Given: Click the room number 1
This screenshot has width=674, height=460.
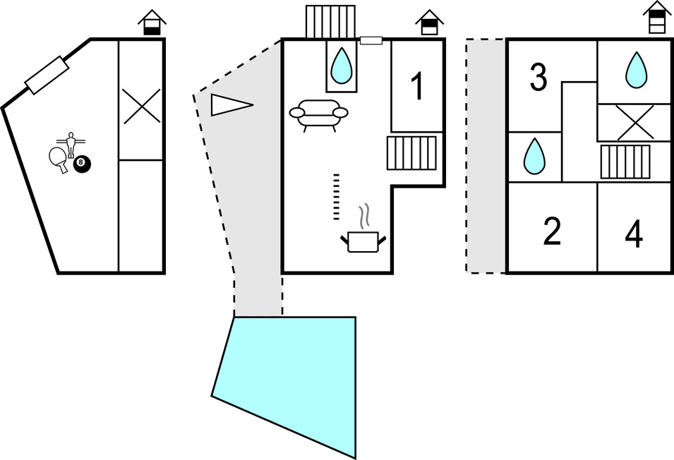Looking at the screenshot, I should (417, 87).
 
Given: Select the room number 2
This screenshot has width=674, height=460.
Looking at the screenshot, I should (552, 231).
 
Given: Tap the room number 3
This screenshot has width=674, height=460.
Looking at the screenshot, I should (538, 78).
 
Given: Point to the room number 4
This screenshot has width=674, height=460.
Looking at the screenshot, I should (634, 235).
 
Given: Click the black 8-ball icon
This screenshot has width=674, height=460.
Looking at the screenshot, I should (83, 164).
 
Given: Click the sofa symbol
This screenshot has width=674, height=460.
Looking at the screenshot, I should (319, 114).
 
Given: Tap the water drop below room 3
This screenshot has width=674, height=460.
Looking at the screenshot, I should (534, 156).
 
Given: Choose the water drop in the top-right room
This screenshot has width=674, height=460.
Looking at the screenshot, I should (636, 71).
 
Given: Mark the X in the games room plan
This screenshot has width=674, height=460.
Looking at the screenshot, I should (141, 107).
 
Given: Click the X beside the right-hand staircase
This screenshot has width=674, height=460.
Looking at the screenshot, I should (634, 122).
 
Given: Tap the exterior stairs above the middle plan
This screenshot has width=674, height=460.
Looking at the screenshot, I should (330, 22).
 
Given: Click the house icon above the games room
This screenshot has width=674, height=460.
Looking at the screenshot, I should (152, 23).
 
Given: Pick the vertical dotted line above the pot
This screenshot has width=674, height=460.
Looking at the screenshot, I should (337, 196).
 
